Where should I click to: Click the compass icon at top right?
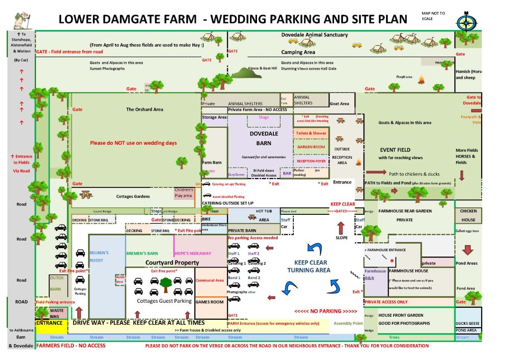(x=466, y=21)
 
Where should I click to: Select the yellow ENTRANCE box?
(x=49, y=323)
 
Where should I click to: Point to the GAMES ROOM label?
(x=209, y=302)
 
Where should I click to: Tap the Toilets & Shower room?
(x=311, y=133)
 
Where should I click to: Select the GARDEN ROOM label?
(x=311, y=147)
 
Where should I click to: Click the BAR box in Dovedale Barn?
(x=287, y=174)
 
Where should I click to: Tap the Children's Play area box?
(x=183, y=192)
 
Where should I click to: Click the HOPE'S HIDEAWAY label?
(x=192, y=253)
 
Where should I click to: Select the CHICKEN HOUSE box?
(x=468, y=215)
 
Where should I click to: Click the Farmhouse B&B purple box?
(x=375, y=274)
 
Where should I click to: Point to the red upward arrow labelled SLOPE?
(x=340, y=228)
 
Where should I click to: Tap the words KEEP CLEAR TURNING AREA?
(x=309, y=266)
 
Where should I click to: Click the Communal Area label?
(x=209, y=280)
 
